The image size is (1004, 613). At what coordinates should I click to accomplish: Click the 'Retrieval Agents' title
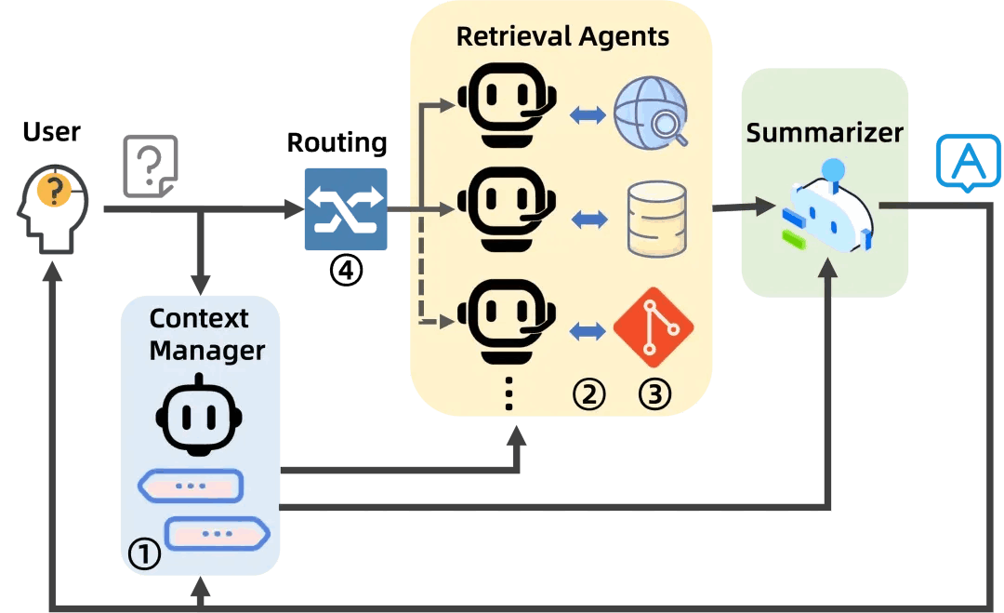pos(562,37)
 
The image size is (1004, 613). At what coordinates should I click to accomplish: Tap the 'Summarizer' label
pos(825,133)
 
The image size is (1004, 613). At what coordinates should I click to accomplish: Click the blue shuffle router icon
pos(346,209)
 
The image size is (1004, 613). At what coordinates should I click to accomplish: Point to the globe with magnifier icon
pos(654,115)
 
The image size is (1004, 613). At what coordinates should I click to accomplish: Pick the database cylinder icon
pos(657,220)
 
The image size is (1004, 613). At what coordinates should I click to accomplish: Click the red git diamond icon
pos(654,327)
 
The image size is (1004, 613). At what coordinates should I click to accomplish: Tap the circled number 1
pos(143,555)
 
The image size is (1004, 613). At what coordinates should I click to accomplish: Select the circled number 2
pos(588,394)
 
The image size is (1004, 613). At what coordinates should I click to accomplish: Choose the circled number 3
pos(654,394)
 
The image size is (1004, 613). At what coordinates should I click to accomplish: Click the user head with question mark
pos(53,207)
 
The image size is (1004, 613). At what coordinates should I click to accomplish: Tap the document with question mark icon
pos(150,167)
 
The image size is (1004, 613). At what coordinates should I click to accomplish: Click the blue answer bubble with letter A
pos(968,161)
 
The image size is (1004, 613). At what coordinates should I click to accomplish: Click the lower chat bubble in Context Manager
pos(217,535)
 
